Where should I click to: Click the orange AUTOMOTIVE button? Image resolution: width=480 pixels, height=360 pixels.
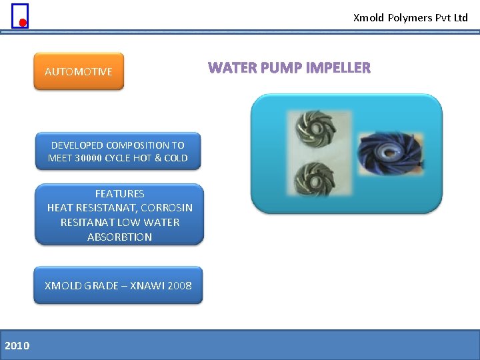pos(79,71)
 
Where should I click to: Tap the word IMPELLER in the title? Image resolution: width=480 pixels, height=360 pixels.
pos(339,68)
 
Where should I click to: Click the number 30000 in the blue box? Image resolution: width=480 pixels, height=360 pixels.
pos(89,158)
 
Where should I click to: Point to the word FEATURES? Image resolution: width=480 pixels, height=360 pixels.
pos(119,193)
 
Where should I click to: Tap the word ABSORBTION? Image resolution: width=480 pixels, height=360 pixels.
pos(119,237)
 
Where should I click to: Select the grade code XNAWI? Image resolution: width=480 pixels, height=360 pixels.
pos(147,285)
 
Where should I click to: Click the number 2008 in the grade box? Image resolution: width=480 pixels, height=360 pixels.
pos(179,285)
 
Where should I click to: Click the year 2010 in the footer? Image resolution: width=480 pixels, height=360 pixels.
pos(17,345)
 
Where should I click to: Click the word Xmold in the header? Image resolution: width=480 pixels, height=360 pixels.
pos(369,18)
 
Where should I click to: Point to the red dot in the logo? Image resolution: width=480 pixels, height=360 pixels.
pos(22,23)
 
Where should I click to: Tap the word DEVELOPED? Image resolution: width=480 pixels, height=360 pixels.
pos(77,145)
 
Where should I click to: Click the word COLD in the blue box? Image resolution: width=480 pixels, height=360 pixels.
pos(176,158)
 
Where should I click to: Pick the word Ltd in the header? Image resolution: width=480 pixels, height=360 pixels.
pos(461,18)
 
